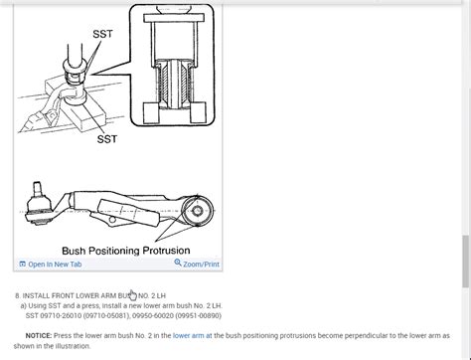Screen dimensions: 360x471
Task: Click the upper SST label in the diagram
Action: [x=104, y=33]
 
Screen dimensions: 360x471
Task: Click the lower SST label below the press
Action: [x=107, y=138]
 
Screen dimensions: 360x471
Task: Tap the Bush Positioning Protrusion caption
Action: [x=125, y=251]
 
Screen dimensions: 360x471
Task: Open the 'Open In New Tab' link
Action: [x=55, y=265]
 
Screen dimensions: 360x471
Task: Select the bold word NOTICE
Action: [x=41, y=336]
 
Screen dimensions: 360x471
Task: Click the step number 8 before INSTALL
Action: [x=18, y=295]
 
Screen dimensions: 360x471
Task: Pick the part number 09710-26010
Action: [x=65, y=316]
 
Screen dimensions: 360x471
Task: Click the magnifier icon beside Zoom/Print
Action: [x=178, y=264]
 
